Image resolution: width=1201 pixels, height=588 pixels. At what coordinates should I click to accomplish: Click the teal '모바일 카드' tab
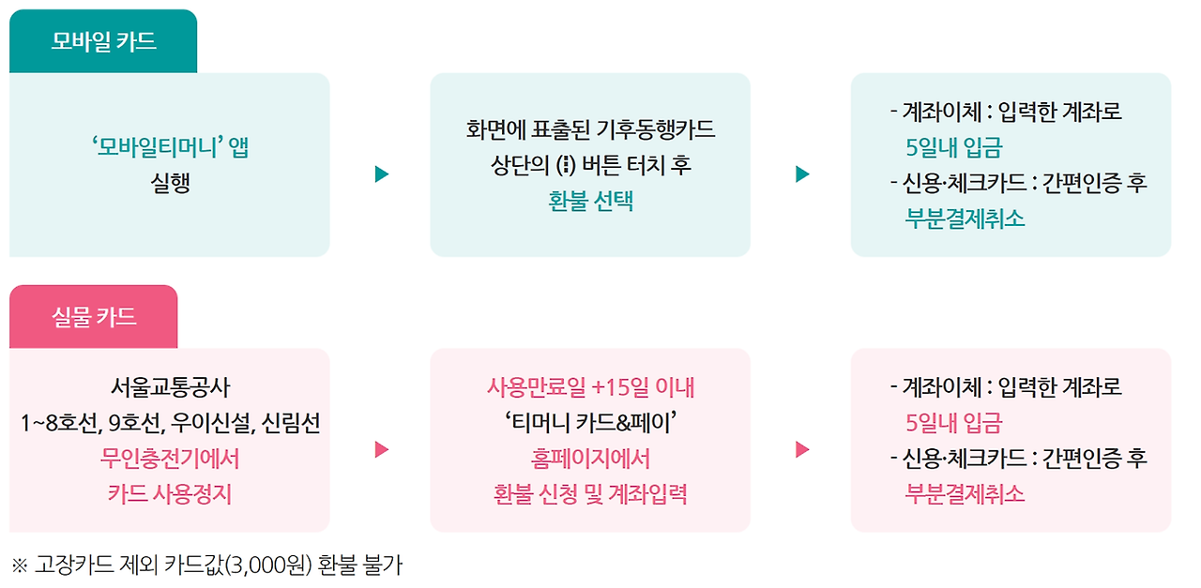coord(103,42)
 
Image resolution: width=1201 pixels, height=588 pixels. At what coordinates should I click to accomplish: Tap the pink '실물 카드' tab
coord(94,317)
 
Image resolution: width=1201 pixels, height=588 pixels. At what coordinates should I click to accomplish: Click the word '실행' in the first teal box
coord(170,182)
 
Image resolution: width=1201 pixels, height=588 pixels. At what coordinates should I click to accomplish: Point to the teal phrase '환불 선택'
coord(590,201)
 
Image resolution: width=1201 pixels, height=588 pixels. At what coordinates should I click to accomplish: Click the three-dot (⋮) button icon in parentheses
coord(564,165)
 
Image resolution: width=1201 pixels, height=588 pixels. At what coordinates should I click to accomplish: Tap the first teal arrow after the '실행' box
coord(381,174)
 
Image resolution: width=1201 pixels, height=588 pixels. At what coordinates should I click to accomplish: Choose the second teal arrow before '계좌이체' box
coord(801,174)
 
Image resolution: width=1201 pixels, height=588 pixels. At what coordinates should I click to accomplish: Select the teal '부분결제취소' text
coord(965,219)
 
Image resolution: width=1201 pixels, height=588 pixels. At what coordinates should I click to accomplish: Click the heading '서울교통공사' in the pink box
coord(170,386)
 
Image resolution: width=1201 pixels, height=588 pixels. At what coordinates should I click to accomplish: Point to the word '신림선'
coord(291,423)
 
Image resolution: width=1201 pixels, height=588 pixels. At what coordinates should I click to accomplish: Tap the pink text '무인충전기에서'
coord(170,459)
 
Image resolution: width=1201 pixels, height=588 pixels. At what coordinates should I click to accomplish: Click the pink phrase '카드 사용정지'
coord(170,494)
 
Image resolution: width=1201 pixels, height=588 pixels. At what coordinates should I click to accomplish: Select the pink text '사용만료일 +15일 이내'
coord(590,386)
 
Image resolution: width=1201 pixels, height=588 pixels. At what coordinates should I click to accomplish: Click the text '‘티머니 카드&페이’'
coord(590,423)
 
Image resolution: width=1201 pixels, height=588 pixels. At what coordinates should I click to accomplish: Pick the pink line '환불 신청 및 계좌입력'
coord(590,494)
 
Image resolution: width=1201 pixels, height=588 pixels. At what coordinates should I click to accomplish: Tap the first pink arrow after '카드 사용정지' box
coord(381,449)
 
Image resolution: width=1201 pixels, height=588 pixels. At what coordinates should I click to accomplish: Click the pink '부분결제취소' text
coord(965,494)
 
